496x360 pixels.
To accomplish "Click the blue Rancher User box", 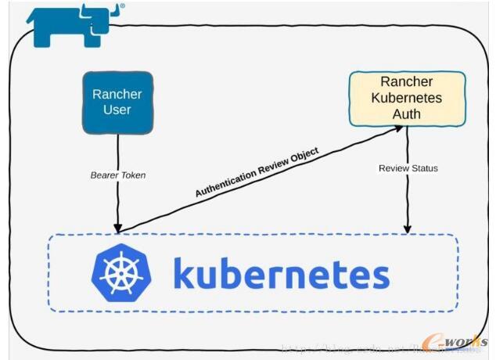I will pos(117,102).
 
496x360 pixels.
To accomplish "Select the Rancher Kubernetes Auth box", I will pos(407,99).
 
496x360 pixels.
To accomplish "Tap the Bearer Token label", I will pos(117,175).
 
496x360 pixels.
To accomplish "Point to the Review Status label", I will pos(408,168).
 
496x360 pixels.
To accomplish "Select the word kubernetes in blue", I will pos(280,274).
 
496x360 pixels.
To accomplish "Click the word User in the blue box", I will pos(117,110).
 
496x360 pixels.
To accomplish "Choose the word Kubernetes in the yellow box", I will pos(407,99).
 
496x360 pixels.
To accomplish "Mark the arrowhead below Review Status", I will pos(407,229).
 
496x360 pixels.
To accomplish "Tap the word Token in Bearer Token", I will pos(132,175).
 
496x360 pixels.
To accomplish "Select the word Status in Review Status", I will pos(423,168).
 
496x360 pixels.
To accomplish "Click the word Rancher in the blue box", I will pos(117,94).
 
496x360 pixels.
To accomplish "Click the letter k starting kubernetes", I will pos(185,272).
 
